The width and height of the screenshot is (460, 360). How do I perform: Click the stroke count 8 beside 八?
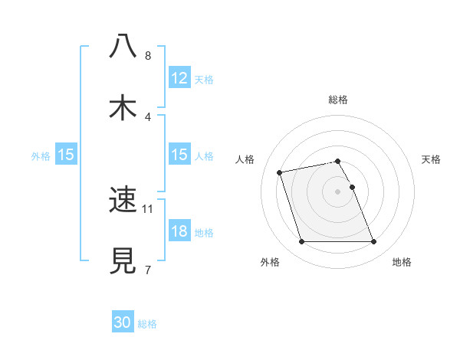(x=148, y=55)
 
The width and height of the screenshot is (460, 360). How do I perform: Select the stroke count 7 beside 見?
(x=148, y=270)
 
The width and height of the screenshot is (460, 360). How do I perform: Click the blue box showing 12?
(x=179, y=78)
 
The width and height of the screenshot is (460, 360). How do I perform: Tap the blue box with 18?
(x=179, y=231)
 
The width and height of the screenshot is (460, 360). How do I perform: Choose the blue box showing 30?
(x=123, y=323)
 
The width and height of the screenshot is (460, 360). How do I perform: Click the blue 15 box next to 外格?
(x=66, y=155)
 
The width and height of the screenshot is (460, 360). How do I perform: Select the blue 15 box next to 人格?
(x=179, y=155)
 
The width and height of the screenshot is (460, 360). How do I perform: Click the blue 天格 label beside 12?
(x=204, y=79)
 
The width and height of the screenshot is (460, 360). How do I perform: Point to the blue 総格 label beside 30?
(x=147, y=324)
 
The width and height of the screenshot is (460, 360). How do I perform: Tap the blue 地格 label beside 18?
(x=204, y=232)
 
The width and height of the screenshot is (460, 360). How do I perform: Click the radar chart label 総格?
(x=338, y=100)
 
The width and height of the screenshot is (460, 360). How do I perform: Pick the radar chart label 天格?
(x=432, y=159)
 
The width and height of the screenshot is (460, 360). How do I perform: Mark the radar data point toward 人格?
(x=280, y=172)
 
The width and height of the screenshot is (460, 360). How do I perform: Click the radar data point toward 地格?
(x=373, y=242)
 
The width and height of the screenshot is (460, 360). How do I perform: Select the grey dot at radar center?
(x=338, y=191)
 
